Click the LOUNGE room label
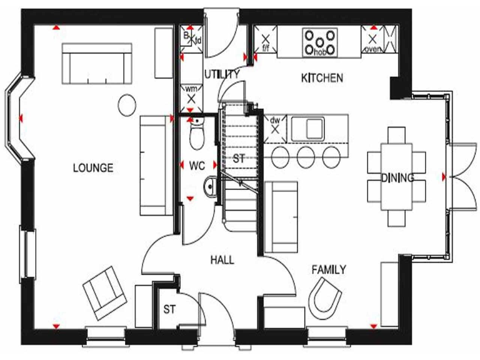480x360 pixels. [92, 167]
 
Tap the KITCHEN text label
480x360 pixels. [322, 78]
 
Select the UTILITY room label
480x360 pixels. [221, 74]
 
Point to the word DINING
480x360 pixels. [398, 178]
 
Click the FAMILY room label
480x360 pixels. [329, 269]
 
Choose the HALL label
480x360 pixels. [222, 259]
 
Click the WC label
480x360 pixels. [198, 166]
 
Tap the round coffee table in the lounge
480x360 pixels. [127, 103]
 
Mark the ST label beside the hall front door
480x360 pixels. [169, 309]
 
